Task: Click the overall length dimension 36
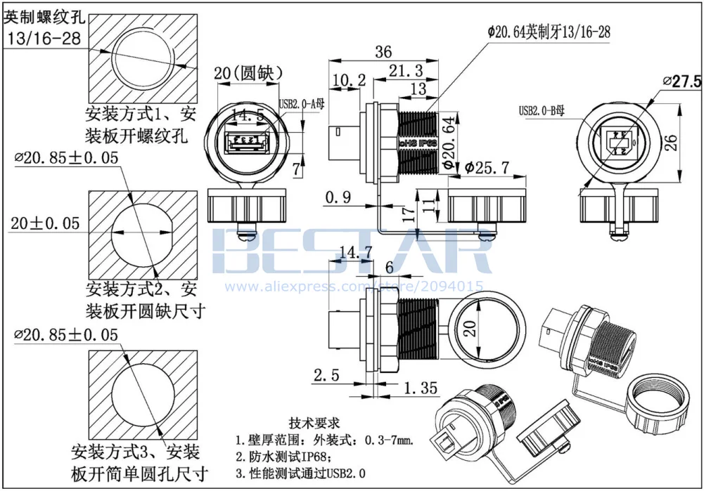click(383, 52)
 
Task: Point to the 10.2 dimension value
click(349, 81)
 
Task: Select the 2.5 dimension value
click(326, 375)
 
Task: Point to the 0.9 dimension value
click(338, 197)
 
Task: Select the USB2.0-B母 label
click(542, 110)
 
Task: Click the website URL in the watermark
click(352, 286)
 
